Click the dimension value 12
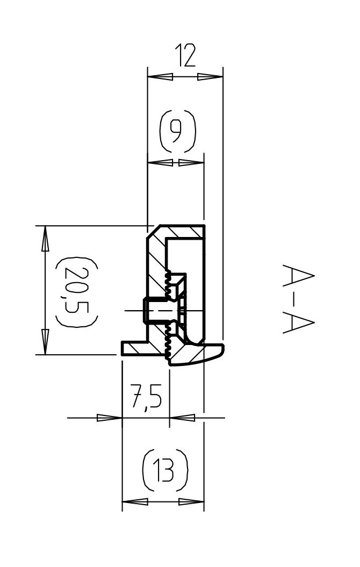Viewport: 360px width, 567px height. click(x=185, y=55)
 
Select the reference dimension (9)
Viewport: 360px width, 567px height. click(x=177, y=131)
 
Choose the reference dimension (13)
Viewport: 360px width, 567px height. click(x=165, y=470)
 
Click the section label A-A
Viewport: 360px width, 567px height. click(x=298, y=299)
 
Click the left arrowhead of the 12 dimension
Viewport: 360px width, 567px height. click(x=160, y=77)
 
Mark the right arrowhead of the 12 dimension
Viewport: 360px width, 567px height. click(x=210, y=77)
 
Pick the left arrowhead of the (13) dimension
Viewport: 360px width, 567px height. click(x=135, y=502)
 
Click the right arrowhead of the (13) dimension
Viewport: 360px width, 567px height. click(x=191, y=502)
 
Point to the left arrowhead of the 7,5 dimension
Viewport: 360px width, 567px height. click(x=110, y=418)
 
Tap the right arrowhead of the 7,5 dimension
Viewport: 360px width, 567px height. click(x=182, y=418)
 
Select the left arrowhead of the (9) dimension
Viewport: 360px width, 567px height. click(x=161, y=163)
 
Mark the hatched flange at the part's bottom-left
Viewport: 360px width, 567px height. click(x=134, y=349)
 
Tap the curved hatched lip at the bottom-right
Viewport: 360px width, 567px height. click(x=197, y=354)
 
